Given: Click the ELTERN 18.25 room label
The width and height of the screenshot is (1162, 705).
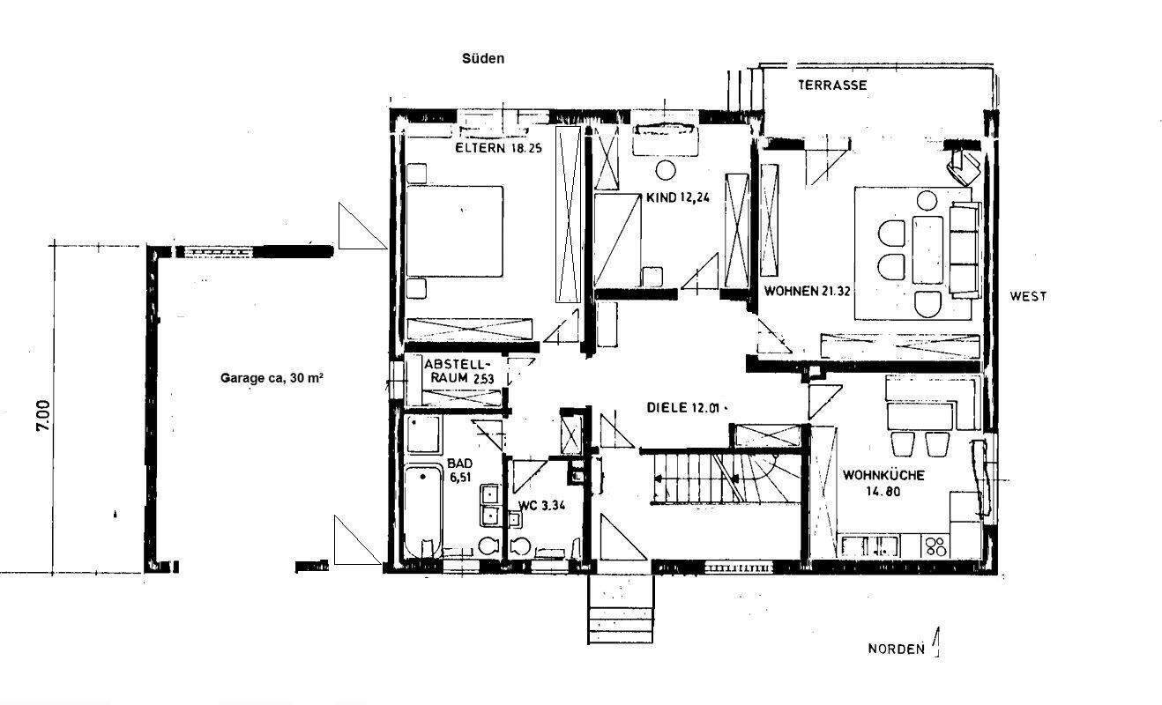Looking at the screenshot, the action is tap(498, 148).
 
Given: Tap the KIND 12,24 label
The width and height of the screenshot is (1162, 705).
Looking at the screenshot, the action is tap(677, 197).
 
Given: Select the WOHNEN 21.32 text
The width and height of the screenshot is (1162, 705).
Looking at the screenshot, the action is tap(808, 292).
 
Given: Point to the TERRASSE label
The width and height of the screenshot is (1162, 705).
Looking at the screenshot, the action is tap(832, 85).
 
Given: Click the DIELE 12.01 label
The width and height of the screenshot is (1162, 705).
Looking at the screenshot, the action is tap(683, 408).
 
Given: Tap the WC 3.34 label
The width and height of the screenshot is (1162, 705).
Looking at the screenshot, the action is tap(542, 506).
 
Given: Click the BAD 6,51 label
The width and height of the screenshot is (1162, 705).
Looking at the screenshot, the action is tap(460, 471).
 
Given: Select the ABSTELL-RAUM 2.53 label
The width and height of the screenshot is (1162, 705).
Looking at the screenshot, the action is tap(458, 371).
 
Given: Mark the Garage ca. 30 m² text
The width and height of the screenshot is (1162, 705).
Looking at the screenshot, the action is tap(272, 378).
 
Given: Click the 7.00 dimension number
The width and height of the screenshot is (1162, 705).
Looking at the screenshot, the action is tap(43, 416).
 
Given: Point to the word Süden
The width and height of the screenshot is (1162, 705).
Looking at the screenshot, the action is tap(483, 58).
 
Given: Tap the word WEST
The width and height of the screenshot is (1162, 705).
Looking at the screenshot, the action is tap(1028, 296).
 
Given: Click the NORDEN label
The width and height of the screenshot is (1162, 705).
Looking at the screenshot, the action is tap(897, 649).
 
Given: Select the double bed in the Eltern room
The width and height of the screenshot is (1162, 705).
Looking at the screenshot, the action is tap(454, 231).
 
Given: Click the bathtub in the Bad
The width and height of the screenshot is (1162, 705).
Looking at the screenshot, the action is tap(423, 511).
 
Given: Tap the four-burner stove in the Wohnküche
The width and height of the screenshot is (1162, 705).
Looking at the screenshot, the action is tap(935, 545).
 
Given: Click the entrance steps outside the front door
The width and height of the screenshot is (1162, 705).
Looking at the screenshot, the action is tap(621, 609).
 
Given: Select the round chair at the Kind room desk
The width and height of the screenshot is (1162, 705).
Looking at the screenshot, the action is tap(666, 170).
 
